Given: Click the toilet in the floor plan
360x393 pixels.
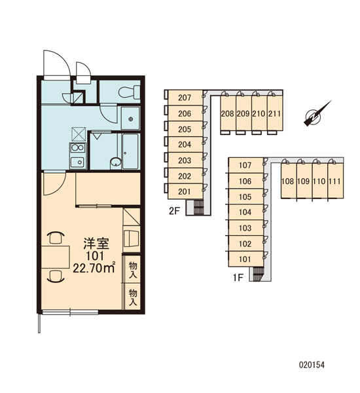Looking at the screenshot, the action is pos(129,92).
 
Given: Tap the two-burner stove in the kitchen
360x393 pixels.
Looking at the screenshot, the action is pos(78,147).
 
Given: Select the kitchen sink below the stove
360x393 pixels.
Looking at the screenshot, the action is pos(78,162).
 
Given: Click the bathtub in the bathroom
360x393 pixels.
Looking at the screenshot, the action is pos(130,151).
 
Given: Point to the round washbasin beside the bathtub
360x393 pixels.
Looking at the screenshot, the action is pos(116,163).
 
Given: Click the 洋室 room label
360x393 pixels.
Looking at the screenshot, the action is pos(96,244).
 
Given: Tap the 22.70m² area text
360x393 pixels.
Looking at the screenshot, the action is pos(94,268).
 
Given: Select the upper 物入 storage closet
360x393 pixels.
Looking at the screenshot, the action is pos(132,269).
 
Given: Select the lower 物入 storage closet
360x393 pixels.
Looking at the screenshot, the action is pos(132,297).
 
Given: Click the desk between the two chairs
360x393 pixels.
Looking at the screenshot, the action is pos(56,257).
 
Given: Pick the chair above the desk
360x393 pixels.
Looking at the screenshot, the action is pos(56,237).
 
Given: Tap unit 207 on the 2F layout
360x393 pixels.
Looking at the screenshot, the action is pos(185,98).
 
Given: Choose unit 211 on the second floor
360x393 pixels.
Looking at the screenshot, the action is pos(275,113).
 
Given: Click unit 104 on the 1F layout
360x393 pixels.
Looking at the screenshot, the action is pos(245,212).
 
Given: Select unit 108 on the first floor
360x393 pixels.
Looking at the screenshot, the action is pos(288,181).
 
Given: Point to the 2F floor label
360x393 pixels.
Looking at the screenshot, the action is pos(175,211).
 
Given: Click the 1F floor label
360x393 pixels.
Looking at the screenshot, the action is pos(238,278).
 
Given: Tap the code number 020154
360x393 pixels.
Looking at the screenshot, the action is pos(312,365).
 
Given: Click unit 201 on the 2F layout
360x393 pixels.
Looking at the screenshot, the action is pos(185,191).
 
